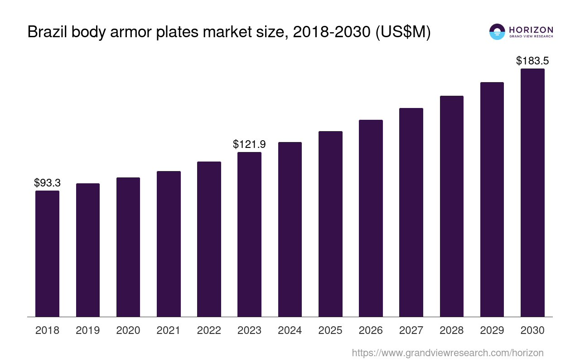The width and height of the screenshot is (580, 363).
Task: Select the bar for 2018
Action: (47, 254)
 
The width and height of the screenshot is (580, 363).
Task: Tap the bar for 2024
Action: (290, 229)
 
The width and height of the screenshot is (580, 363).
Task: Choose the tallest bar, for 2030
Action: (532, 192)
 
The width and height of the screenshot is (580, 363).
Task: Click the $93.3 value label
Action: (47, 183)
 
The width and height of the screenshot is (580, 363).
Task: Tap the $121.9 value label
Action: (249, 144)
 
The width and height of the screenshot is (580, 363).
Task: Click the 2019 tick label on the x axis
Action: (87, 330)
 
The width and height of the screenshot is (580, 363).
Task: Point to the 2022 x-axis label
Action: (209, 330)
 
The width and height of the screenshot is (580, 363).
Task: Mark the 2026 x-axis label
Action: (371, 330)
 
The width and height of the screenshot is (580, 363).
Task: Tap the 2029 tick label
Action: (492, 330)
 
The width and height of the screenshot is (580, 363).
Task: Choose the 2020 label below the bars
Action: (128, 330)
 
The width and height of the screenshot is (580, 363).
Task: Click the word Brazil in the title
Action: (47, 32)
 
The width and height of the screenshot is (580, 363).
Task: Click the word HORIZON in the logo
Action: (531, 29)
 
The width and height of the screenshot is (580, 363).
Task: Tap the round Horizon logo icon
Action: (497, 32)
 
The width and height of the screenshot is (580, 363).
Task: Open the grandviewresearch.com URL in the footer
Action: (447, 353)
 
